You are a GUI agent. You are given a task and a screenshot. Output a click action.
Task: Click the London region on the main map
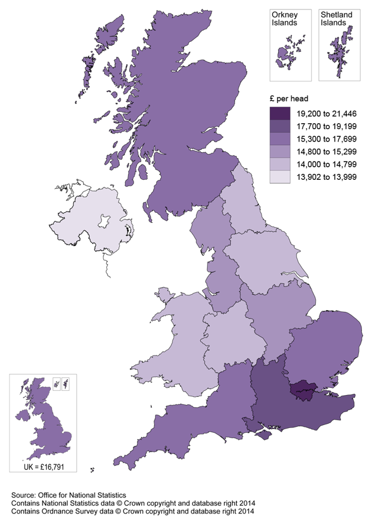(303, 389)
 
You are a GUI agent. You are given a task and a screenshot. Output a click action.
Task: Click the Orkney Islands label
(284, 18)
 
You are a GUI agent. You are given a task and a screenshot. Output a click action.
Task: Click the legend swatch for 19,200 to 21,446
(280, 114)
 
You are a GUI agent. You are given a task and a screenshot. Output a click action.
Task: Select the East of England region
(322, 348)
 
